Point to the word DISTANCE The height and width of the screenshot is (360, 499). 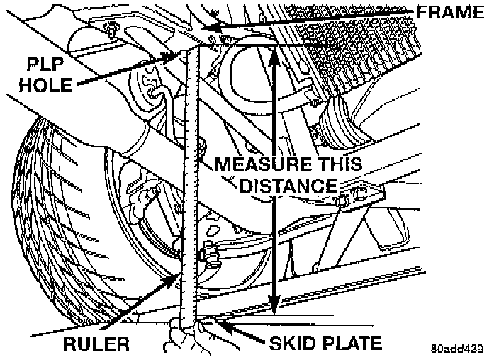click(x=288, y=186)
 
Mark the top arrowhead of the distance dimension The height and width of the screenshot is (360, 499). click(x=274, y=51)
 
